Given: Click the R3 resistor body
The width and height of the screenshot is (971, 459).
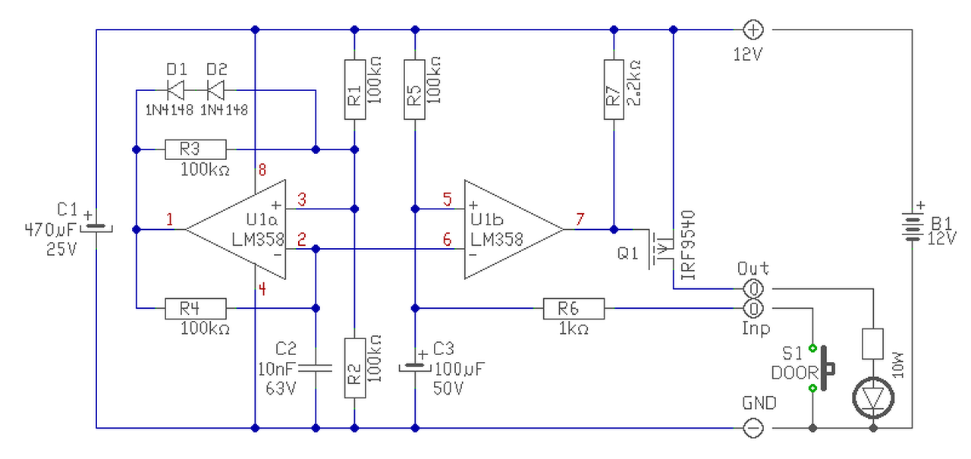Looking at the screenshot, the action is pyautogui.click(x=196, y=149).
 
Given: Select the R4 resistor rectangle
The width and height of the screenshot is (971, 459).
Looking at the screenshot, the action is pyautogui.click(x=196, y=309).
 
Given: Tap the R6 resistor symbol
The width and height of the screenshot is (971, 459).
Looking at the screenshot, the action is pyautogui.click(x=574, y=309).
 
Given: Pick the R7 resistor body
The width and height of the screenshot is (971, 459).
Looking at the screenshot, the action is pyautogui.click(x=614, y=90).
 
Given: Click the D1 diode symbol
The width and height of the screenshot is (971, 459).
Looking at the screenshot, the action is pyautogui.click(x=176, y=90).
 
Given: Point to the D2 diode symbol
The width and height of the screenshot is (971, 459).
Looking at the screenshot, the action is pyautogui.click(x=216, y=90).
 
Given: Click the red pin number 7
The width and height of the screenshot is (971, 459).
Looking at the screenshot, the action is pyautogui.click(x=580, y=219).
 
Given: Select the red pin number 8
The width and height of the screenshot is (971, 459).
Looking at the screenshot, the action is pyautogui.click(x=262, y=170).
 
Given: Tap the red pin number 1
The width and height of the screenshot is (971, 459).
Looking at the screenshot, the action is pyautogui.click(x=170, y=219).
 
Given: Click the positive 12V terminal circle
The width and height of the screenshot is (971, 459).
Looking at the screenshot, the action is pyautogui.click(x=753, y=30).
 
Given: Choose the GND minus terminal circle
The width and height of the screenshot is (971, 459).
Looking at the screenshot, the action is pyautogui.click(x=753, y=428).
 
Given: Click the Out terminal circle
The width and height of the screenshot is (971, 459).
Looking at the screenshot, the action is pyautogui.click(x=753, y=288).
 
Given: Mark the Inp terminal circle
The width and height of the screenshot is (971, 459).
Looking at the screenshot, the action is pyautogui.click(x=753, y=309).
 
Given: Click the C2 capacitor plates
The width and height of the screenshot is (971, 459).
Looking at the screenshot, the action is pyautogui.click(x=316, y=369).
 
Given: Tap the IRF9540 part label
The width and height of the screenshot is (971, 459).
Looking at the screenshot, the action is pyautogui.click(x=688, y=245).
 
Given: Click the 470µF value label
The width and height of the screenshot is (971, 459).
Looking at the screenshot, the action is pyautogui.click(x=50, y=230).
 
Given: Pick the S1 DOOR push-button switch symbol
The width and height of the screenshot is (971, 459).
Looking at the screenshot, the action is pyautogui.click(x=823, y=369).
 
